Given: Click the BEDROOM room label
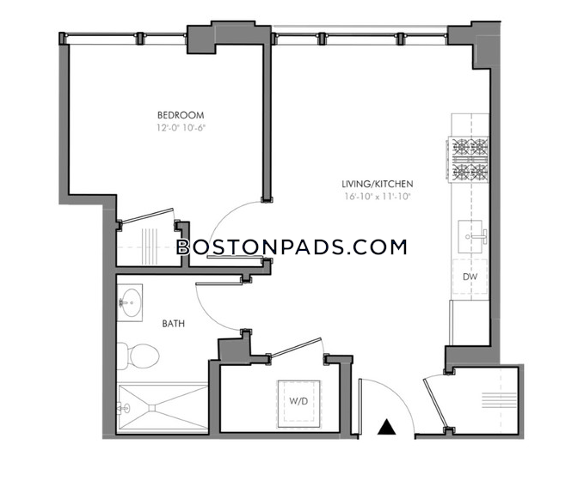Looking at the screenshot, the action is click(181, 115).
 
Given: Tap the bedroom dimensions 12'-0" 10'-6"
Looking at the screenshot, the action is click(181, 128).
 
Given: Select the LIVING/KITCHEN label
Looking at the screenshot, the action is click(378, 184).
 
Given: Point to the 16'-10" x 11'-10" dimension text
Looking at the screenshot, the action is click(378, 197).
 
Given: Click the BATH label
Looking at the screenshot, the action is click(174, 324).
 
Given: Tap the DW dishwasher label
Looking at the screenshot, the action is click(470, 277).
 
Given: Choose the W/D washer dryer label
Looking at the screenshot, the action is click(298, 401).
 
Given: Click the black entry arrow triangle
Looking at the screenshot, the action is click(386, 427).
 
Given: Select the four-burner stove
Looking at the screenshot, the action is click(468, 160).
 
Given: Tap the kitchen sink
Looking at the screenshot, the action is click(471, 236).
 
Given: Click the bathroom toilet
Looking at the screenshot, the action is click(138, 356).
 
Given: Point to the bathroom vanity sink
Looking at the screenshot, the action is click(130, 302).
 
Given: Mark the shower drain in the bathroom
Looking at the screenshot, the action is click(152, 408).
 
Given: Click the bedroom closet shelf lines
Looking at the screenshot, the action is click(150, 246).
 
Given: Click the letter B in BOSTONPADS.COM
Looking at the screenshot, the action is click(183, 247).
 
